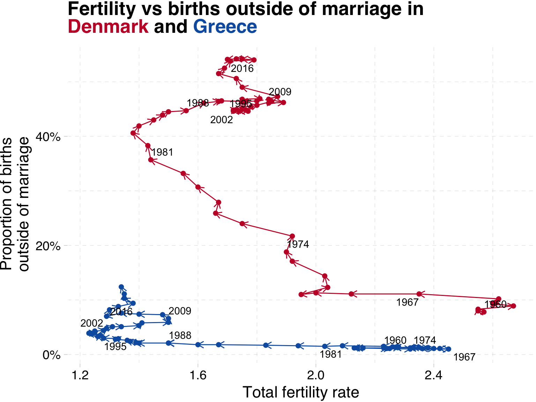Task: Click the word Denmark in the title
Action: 108,27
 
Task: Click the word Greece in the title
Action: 225,27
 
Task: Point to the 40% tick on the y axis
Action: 49,136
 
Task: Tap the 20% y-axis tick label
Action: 49,246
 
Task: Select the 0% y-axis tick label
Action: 52,355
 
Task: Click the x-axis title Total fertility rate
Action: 300,393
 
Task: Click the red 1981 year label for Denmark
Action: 162,152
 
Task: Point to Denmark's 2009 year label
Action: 280,92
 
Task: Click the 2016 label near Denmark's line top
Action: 242,68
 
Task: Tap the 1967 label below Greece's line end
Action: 464,357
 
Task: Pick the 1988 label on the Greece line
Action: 180,335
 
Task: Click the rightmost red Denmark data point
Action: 513,306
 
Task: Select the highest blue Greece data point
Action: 121,287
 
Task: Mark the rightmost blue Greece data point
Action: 448,349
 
